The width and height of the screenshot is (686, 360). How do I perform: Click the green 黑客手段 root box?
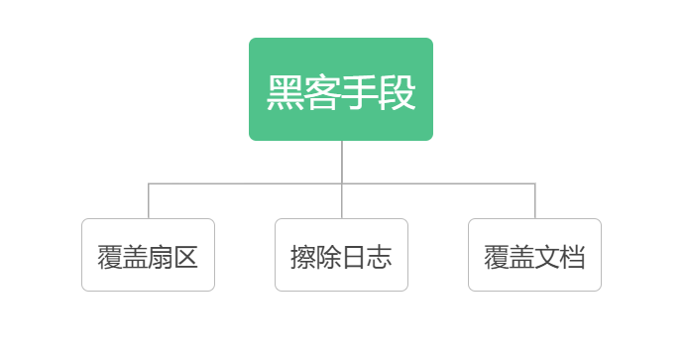[x=341, y=89]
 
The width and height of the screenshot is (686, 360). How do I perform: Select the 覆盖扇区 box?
[x=148, y=255]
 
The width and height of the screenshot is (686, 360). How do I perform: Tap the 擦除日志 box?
[x=341, y=255]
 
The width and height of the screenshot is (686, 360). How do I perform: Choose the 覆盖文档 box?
[x=534, y=255]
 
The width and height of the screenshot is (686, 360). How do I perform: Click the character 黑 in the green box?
[x=286, y=93]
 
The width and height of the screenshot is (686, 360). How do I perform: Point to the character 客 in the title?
[x=322, y=93]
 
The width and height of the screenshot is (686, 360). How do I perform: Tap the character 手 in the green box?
[x=360, y=93]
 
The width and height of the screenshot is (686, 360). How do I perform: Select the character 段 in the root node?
[x=397, y=93]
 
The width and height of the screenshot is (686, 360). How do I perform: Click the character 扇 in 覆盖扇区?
[x=161, y=258]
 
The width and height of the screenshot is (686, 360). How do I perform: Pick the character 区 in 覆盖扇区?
[x=186, y=258]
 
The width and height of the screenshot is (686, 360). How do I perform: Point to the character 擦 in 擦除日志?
[x=302, y=258]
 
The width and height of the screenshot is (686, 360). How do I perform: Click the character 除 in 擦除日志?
[x=328, y=258]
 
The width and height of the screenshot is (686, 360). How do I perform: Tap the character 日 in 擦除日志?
[x=354, y=258]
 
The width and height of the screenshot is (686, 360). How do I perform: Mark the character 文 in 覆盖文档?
[x=547, y=258]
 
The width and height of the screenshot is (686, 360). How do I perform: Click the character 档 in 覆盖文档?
[x=573, y=258]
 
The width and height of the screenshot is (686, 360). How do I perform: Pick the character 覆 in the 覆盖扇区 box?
[x=109, y=258]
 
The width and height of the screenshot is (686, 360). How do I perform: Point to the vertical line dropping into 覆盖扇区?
[x=149, y=200]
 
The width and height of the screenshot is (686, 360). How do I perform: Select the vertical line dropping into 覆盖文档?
[x=535, y=200]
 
